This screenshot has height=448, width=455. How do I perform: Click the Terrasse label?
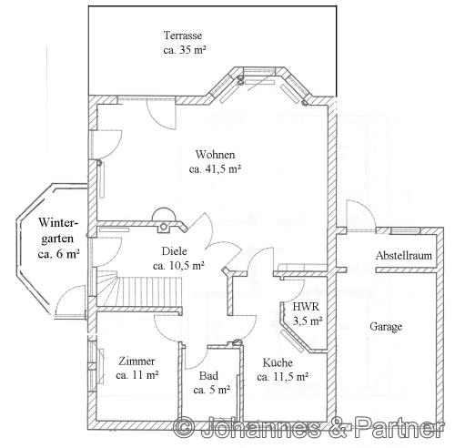[x=183, y=36]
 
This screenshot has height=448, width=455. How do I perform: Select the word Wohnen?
[x=215, y=155]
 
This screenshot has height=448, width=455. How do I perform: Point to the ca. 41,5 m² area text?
[x=215, y=169]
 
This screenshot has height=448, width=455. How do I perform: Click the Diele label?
[x=174, y=251]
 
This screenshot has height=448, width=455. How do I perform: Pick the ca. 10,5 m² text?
[x=178, y=266]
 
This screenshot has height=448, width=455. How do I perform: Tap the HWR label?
[x=306, y=307]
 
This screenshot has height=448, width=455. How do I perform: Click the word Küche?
[x=278, y=362]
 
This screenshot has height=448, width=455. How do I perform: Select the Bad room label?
[x=208, y=376]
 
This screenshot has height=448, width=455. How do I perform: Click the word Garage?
[x=386, y=327]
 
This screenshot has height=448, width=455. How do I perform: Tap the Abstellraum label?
[x=404, y=256]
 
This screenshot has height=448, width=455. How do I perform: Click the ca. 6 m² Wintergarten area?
[x=59, y=254]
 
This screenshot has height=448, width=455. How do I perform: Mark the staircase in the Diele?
[x=139, y=289]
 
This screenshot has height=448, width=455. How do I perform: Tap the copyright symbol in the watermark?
[x=185, y=428]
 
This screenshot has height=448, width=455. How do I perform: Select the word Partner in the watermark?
[x=399, y=427]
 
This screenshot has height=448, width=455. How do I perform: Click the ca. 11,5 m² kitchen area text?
[x=283, y=377]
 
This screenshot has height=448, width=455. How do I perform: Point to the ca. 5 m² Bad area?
[x=211, y=390]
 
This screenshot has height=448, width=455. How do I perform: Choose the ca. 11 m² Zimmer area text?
[x=137, y=375]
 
